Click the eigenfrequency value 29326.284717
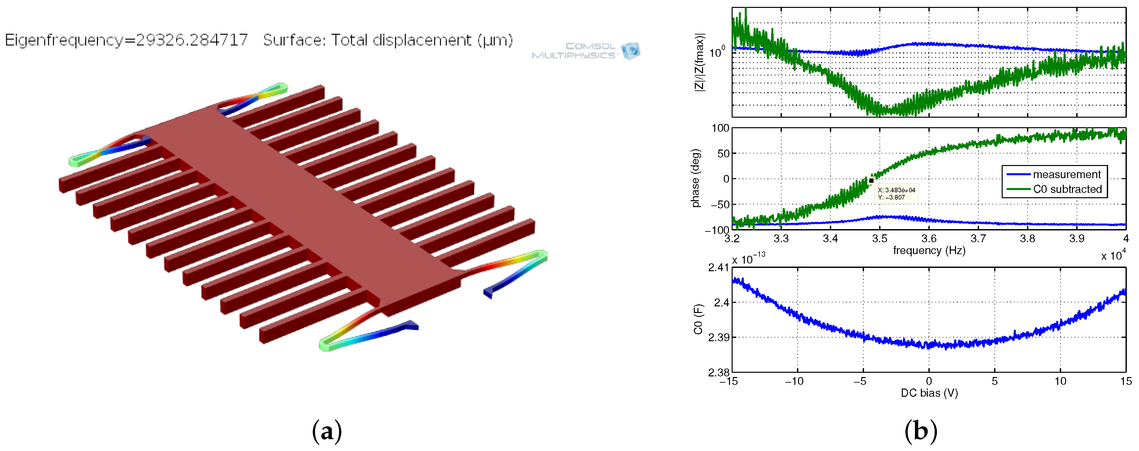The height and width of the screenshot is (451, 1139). tap(192, 40)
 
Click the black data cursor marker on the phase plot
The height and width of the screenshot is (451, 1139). tap(871, 180)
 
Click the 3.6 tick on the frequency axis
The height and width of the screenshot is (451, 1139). tap(928, 239)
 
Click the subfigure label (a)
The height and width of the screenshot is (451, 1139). tap(327, 431)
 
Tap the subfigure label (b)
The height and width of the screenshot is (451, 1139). tap(921, 431)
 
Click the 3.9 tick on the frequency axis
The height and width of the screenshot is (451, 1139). tap(1077, 239)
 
